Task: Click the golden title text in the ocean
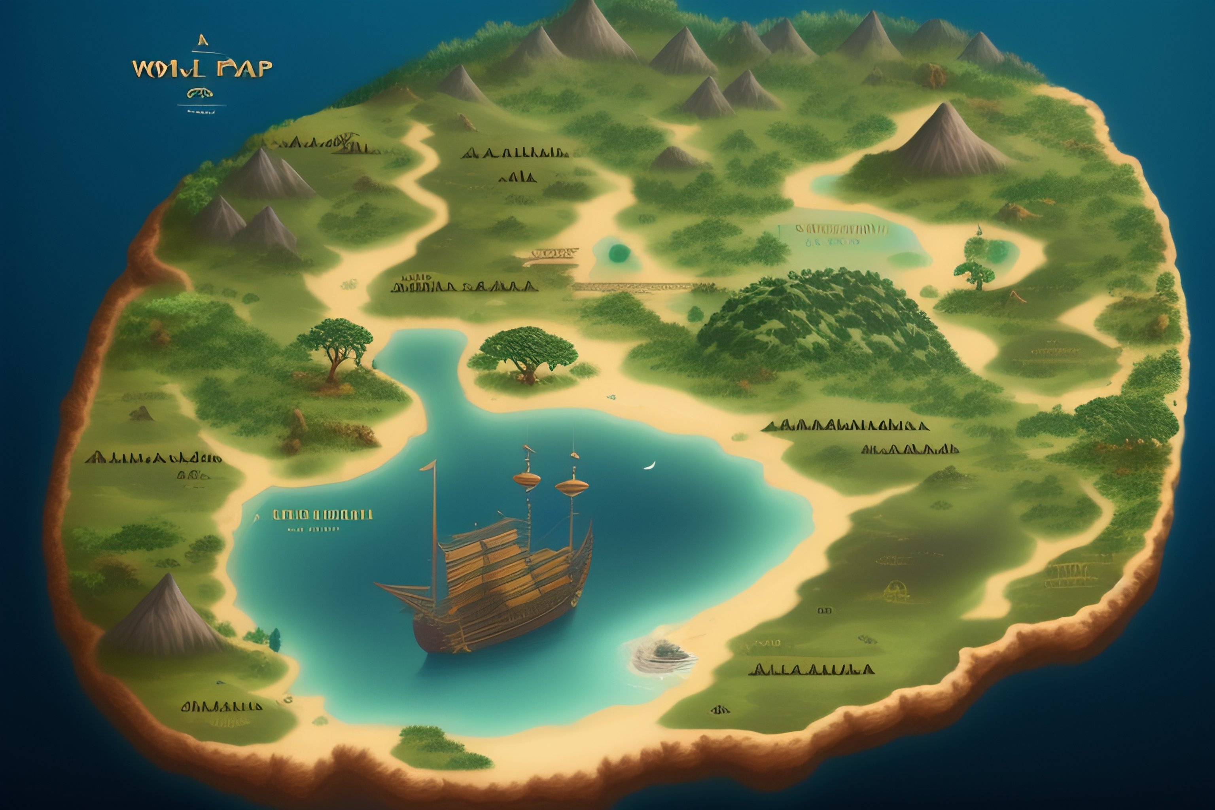click(x=202, y=69)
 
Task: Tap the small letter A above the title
click(x=203, y=40)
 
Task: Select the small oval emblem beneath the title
click(x=201, y=93)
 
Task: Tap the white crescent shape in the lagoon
click(x=650, y=466)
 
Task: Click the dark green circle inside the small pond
click(x=619, y=253)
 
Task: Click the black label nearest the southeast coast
click(x=811, y=670)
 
